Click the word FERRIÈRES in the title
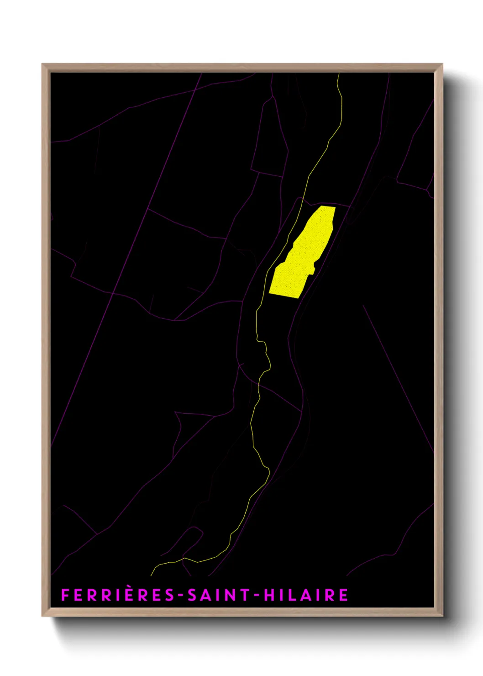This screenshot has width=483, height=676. coord(117,595)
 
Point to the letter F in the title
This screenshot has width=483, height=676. coord(65,595)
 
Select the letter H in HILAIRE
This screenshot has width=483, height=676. coord(269,595)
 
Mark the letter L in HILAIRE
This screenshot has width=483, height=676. coord(292,595)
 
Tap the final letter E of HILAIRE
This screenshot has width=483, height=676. coord(344,595)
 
